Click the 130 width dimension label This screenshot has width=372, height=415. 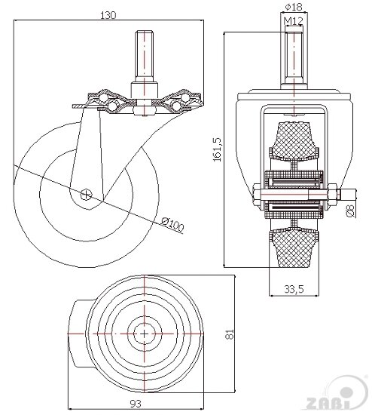click(x=108, y=15)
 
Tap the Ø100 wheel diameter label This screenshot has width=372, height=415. click(x=172, y=224)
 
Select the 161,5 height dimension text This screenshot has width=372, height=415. click(x=217, y=149)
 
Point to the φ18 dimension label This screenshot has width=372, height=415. click(x=294, y=7)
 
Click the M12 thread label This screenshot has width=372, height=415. click(x=293, y=20)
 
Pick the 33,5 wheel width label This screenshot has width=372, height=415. click(x=294, y=289)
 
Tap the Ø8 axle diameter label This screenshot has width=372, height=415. click(x=350, y=211)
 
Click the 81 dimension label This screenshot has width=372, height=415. click(x=230, y=334)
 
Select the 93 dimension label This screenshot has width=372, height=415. click(x=136, y=404)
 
